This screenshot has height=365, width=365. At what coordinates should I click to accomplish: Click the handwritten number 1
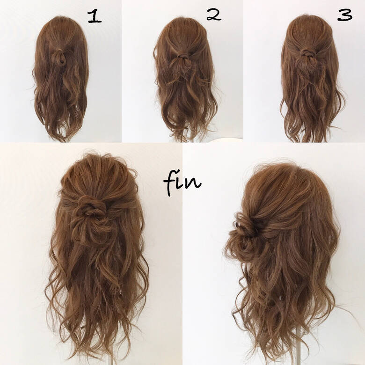95,16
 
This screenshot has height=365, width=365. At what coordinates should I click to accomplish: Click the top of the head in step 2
182,21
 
